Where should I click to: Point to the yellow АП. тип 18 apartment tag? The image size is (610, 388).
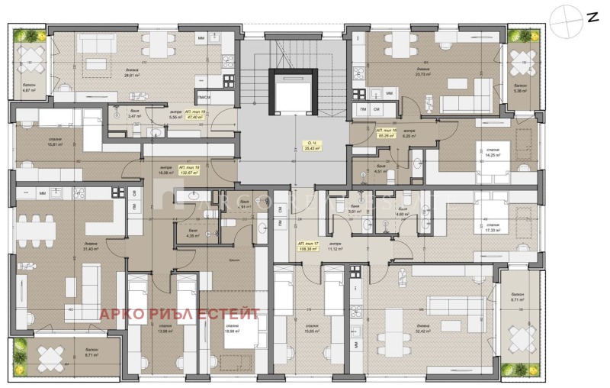[x=188, y=170]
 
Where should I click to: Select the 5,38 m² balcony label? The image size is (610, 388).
[x=521, y=88]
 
